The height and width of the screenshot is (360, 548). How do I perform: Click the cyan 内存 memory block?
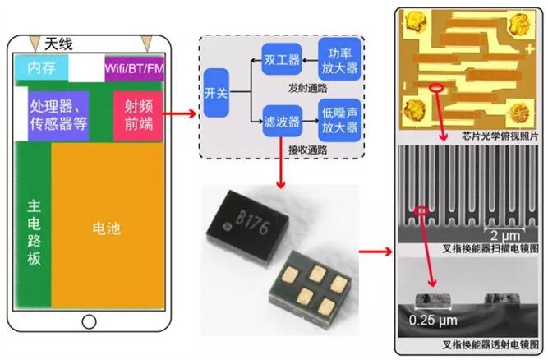coord(40,67)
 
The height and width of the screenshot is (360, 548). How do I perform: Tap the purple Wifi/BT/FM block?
coord(134,67)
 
